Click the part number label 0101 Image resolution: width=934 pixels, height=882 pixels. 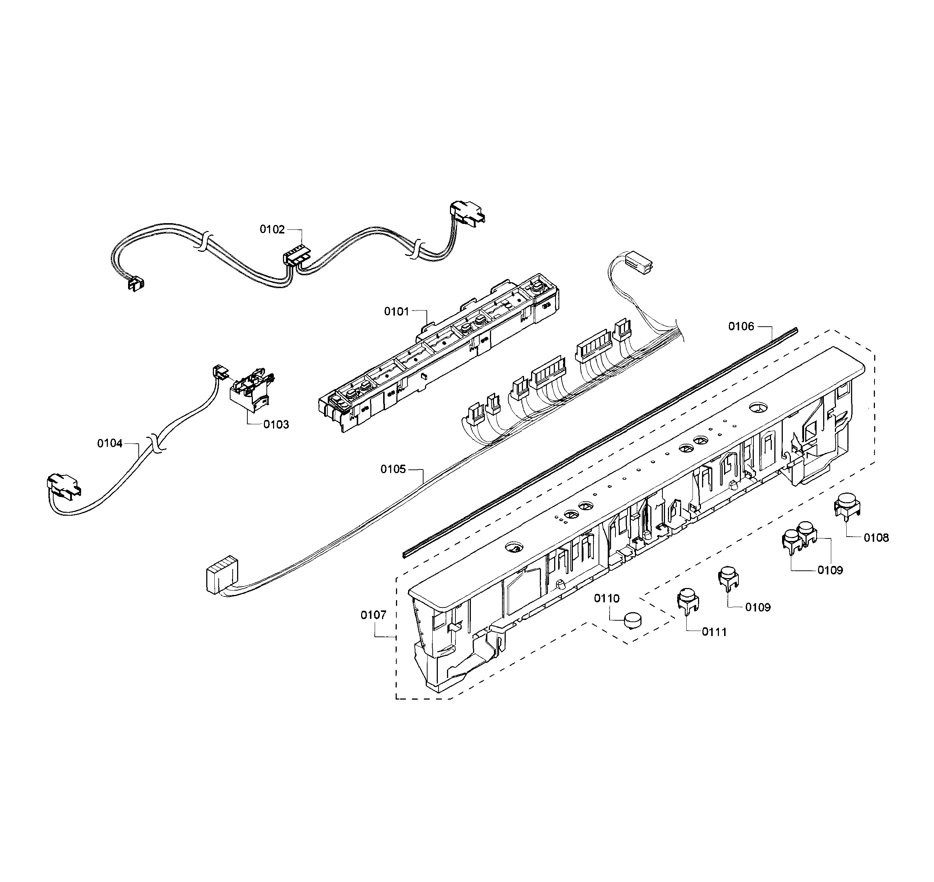[x=396, y=311]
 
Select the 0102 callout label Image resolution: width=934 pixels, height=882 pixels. [x=272, y=229]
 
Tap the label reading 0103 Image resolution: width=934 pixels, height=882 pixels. [x=276, y=425]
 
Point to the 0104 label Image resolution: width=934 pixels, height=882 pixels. [x=109, y=443]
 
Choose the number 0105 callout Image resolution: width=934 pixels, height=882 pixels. [x=393, y=469]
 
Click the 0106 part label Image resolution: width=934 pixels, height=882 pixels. [x=741, y=326]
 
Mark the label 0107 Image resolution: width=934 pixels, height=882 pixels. [x=373, y=615]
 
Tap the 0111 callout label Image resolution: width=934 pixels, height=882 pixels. [x=714, y=632]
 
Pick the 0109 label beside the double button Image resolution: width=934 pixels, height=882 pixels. [x=830, y=570]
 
